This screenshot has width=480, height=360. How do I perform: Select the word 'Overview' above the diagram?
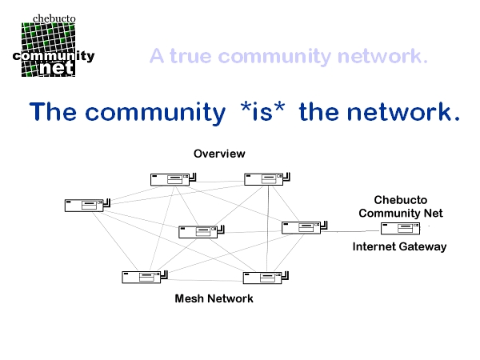coord(219,153)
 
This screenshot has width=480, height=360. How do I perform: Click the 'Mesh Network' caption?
coord(214,298)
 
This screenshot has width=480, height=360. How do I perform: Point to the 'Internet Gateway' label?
coord(399,246)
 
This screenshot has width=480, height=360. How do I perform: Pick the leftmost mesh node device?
coord(85,205)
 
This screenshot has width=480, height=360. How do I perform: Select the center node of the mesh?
coord(198,231)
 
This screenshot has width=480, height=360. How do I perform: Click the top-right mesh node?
coord(265,179)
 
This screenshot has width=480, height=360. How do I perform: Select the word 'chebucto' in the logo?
coord(54,18)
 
